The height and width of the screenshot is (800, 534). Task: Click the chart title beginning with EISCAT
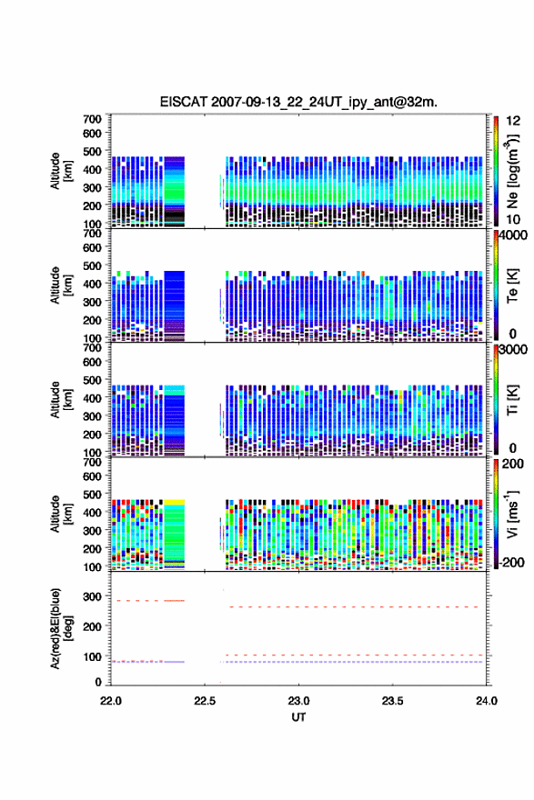pyautogui.click(x=298, y=102)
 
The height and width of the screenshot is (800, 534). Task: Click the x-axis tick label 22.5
pyautogui.click(x=205, y=701)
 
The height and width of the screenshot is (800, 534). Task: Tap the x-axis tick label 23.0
pyautogui.click(x=298, y=701)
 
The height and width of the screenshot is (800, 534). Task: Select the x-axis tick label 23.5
pyautogui.click(x=393, y=701)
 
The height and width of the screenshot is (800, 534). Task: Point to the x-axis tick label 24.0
pyautogui.click(x=486, y=701)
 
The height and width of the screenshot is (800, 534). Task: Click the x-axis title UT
pyautogui.click(x=298, y=717)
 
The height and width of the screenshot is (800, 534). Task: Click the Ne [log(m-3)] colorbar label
pyautogui.click(x=512, y=172)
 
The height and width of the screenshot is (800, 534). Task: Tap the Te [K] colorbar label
pyautogui.click(x=512, y=285)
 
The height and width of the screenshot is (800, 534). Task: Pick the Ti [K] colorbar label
pyautogui.click(x=512, y=400)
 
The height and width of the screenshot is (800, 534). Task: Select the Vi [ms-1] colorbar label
pyautogui.click(x=512, y=514)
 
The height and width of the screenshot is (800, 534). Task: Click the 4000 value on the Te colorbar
pyautogui.click(x=513, y=235)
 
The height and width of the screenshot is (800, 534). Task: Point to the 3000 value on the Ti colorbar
pyautogui.click(x=513, y=349)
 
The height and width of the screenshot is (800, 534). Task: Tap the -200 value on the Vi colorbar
pyautogui.click(x=512, y=562)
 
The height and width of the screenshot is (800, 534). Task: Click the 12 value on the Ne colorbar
pyautogui.click(x=513, y=121)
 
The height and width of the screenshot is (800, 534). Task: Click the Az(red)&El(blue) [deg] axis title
pyautogui.click(x=61, y=628)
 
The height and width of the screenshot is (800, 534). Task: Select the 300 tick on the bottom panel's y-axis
pyautogui.click(x=93, y=596)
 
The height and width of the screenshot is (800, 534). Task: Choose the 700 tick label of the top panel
pyautogui.click(x=93, y=119)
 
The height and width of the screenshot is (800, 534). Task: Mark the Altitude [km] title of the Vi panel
pyautogui.click(x=61, y=514)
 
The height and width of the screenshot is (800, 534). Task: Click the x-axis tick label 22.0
pyautogui.click(x=111, y=701)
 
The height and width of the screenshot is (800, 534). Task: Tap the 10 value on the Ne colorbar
pyautogui.click(x=513, y=219)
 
